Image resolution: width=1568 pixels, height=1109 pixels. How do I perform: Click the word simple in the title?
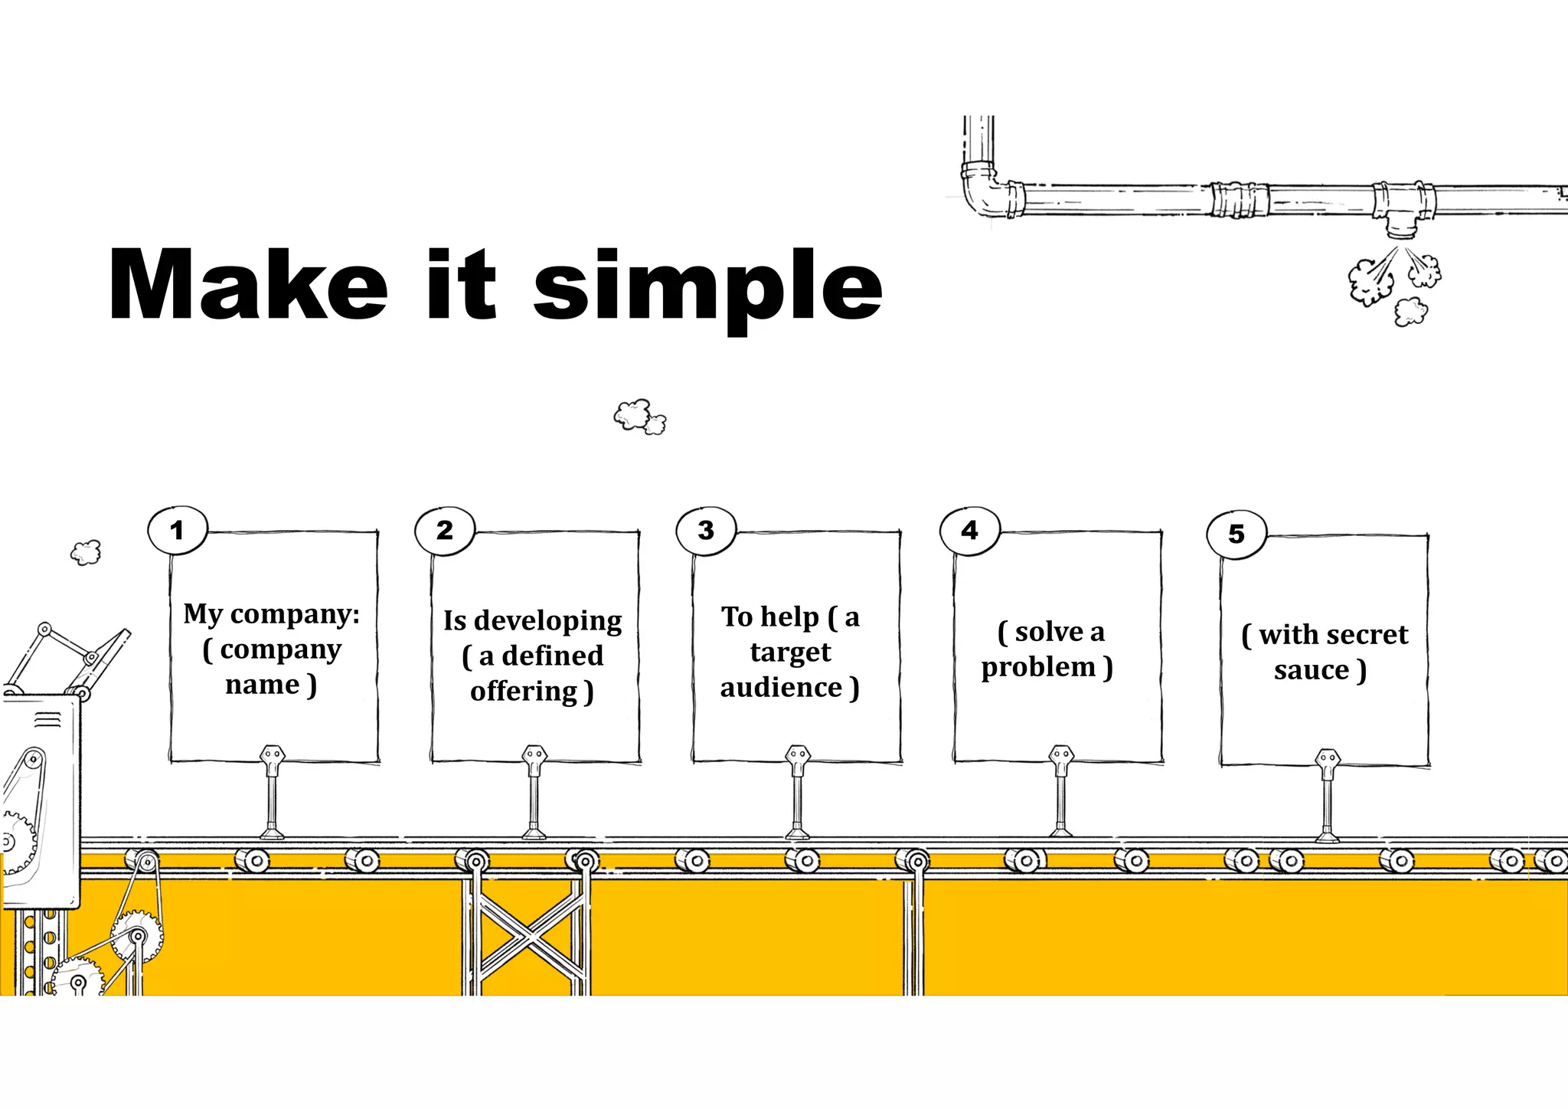coord(707,287)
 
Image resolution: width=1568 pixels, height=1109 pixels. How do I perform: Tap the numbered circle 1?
coord(178,530)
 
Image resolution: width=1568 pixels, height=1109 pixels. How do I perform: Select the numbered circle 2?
coord(445,530)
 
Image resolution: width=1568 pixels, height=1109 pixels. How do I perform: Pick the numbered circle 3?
coord(706,530)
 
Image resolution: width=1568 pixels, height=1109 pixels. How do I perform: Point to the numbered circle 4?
coord(969,530)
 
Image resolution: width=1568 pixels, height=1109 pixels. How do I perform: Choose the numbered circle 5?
coord(1236,534)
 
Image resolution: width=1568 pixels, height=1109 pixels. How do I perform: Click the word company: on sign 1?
coord(295,614)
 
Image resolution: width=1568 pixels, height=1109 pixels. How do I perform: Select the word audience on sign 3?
coord(781,688)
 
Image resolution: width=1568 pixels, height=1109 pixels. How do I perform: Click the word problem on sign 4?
coord(1038,667)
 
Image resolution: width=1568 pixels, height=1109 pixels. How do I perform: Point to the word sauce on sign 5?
coord(1312,670)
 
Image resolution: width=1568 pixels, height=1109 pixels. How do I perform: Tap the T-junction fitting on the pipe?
coord(1403,207)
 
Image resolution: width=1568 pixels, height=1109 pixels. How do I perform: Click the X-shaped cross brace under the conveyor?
coord(527,934)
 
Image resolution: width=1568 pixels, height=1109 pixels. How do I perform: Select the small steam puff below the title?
coord(639,417)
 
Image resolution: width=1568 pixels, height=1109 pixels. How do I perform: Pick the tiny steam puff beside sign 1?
coord(86,551)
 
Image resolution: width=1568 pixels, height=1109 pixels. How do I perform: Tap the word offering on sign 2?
coord(524,692)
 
